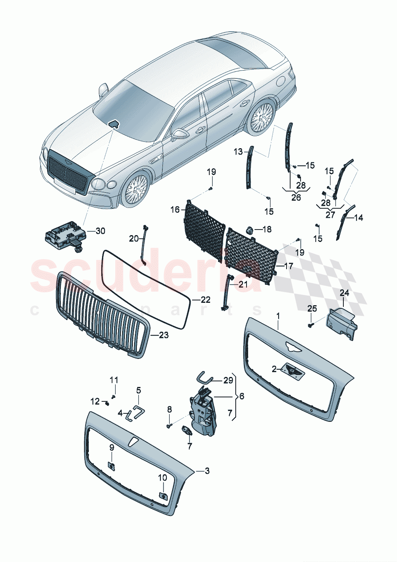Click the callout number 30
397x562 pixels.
click(x=100, y=231)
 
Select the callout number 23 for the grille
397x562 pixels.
click(x=163, y=335)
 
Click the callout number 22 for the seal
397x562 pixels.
click(x=205, y=300)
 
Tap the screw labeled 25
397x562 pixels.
click(x=311, y=325)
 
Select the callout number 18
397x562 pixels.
click(x=267, y=229)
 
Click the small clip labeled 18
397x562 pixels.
click(x=249, y=230)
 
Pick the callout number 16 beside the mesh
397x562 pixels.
click(x=175, y=209)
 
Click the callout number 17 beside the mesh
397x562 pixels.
click(x=289, y=266)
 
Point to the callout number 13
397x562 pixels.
click(x=238, y=151)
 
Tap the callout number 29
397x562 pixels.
click(x=228, y=380)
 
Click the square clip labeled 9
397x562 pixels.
click(x=112, y=465)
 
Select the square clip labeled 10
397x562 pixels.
click(x=163, y=496)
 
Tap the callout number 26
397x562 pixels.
click(x=296, y=197)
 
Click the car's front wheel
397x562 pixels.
click(x=136, y=189)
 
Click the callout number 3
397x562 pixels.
click(x=207, y=471)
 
